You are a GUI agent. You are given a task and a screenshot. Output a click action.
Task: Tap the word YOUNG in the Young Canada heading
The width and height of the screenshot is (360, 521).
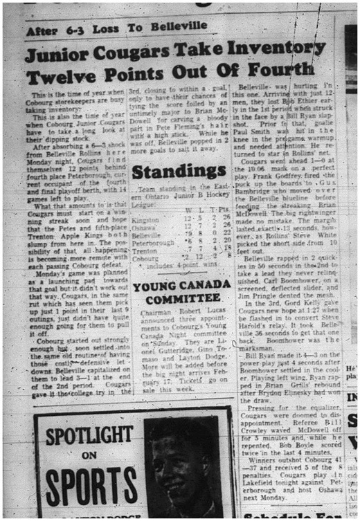(152, 286)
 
